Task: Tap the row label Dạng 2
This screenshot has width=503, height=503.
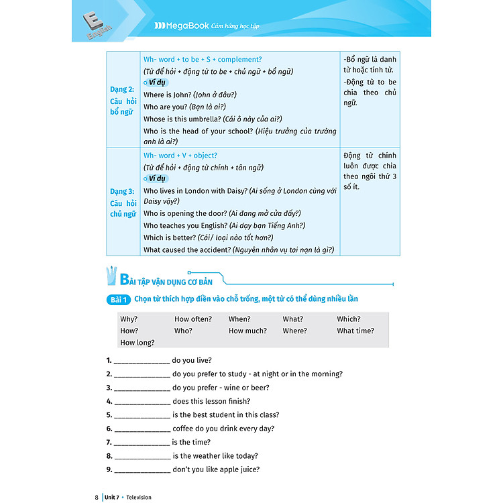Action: tap(123, 89)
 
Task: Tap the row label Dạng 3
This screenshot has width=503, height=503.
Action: tap(123, 191)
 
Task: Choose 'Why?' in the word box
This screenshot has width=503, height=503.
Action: tap(129, 319)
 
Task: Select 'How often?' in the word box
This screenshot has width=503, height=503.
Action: tap(192, 319)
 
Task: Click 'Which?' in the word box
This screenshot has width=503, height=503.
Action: tap(349, 319)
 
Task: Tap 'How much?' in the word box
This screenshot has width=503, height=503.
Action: tap(247, 331)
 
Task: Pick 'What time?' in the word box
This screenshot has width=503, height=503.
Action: tap(355, 331)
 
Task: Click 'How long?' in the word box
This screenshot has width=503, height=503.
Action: tap(137, 343)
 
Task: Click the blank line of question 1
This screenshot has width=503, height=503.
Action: tap(142, 361)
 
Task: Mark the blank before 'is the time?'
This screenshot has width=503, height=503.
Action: tap(142, 443)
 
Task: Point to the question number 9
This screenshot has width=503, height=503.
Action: tap(109, 469)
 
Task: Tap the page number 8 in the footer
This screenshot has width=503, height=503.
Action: tap(97, 497)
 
